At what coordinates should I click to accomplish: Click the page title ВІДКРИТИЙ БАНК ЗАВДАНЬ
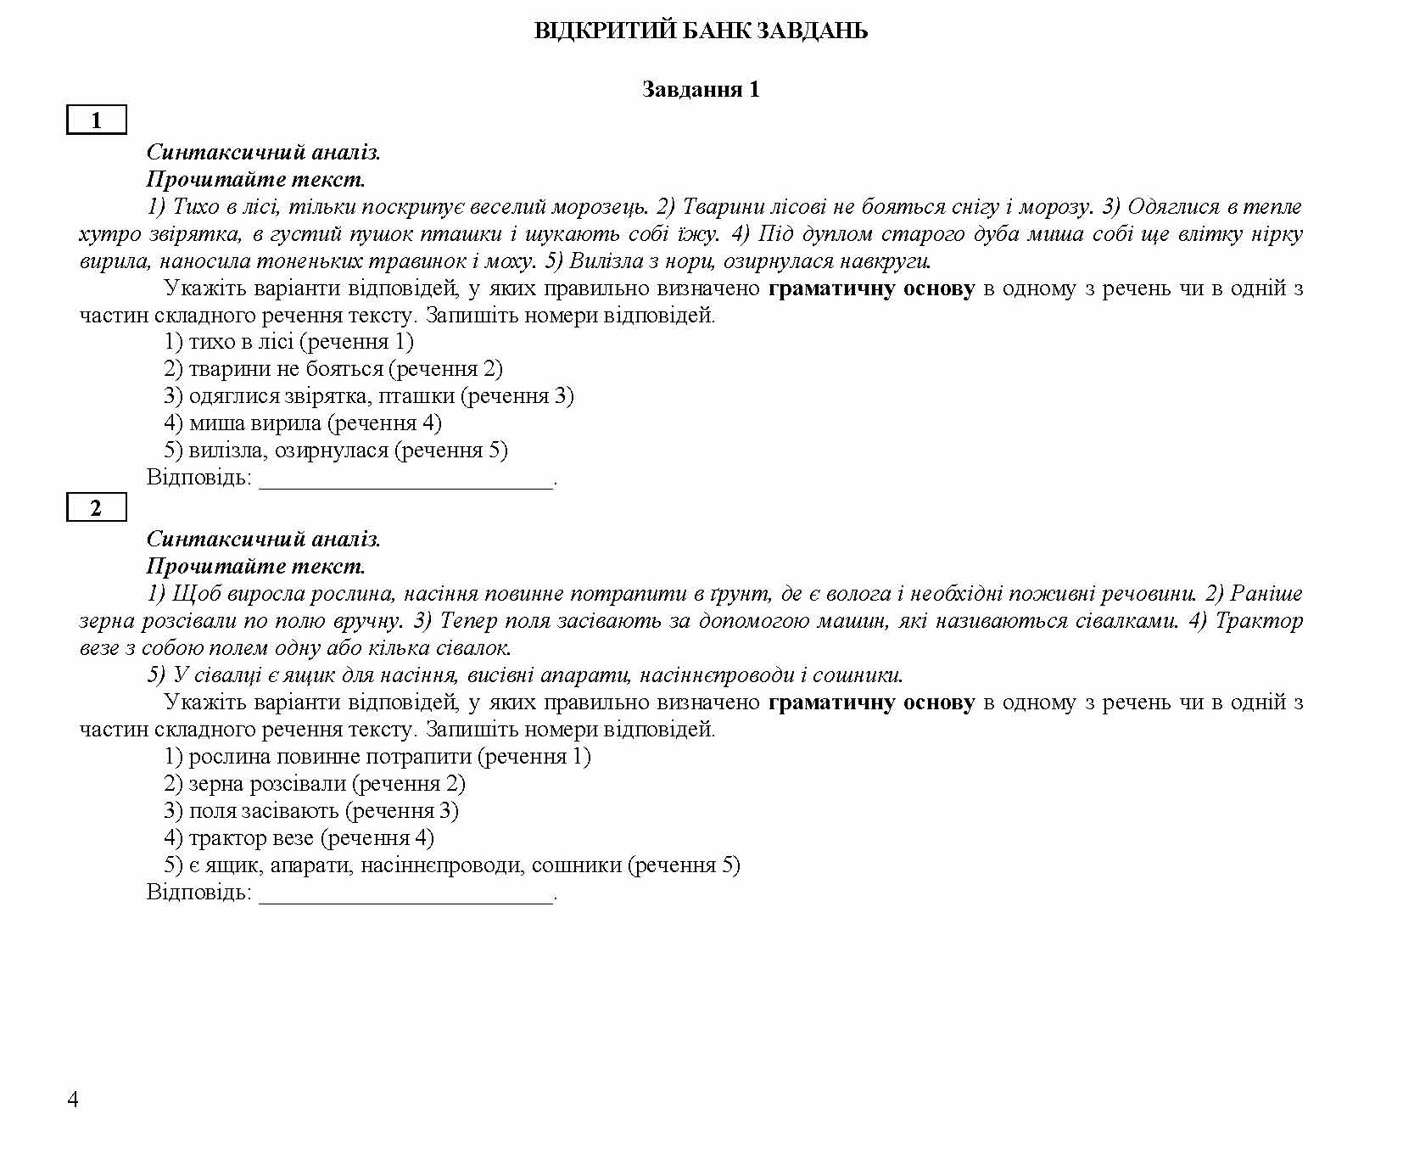(701, 31)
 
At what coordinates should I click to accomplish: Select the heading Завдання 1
(701, 89)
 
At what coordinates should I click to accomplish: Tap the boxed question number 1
(96, 120)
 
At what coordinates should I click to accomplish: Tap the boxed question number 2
(96, 507)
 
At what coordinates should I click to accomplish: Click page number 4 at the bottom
(73, 1100)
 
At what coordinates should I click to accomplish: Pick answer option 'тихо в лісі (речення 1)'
(288, 342)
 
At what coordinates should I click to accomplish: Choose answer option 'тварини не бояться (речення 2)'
(333, 369)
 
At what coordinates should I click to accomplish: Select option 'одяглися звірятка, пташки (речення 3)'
(368, 396)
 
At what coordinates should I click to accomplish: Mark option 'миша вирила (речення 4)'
(302, 423)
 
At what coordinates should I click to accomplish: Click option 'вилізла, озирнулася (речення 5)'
(335, 451)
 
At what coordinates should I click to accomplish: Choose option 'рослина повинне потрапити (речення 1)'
(377, 757)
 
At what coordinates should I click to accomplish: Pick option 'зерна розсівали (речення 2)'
(314, 784)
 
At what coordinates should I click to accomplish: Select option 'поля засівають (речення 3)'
(310, 811)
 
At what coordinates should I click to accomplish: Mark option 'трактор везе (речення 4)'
(299, 838)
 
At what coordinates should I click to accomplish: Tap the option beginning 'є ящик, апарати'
(451, 865)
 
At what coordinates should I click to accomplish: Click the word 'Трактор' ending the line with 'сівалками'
(1259, 621)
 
